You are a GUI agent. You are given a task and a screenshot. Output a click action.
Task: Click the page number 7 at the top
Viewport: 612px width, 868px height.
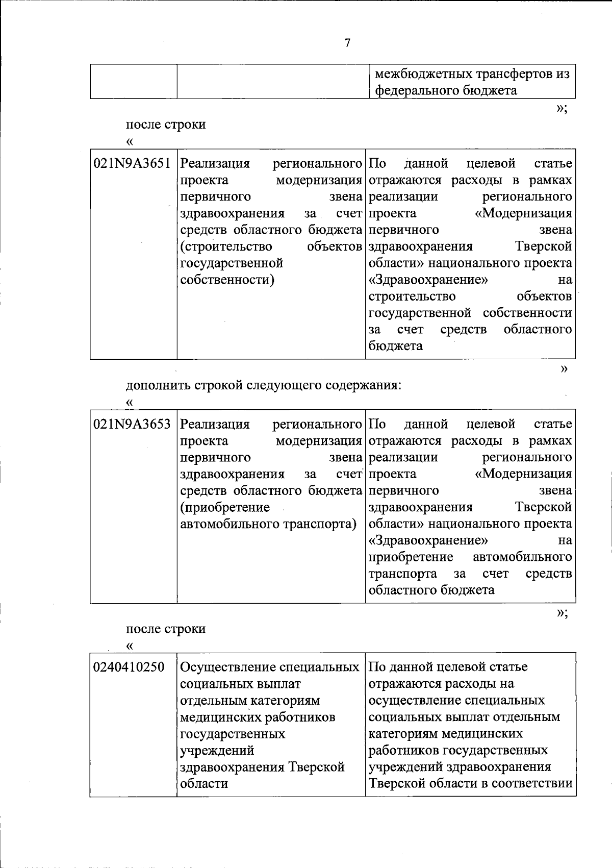click(x=347, y=43)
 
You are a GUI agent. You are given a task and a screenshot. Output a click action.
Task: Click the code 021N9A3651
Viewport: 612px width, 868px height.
click(x=132, y=164)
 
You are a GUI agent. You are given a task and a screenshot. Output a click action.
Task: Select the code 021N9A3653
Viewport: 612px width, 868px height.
click(x=132, y=424)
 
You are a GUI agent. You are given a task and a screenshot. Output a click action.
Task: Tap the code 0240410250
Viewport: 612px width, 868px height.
click(x=129, y=667)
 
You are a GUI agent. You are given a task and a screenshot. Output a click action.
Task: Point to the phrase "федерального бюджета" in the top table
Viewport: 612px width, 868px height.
click(x=446, y=91)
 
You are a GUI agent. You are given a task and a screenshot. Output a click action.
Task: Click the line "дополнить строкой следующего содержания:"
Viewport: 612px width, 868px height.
click(x=264, y=385)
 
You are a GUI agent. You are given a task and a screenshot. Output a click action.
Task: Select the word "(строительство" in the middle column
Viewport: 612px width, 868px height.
click(x=226, y=247)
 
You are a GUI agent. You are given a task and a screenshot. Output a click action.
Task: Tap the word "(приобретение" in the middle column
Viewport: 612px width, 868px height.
click(x=225, y=507)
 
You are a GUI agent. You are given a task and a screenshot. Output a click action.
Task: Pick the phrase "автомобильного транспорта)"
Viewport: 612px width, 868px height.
click(x=268, y=524)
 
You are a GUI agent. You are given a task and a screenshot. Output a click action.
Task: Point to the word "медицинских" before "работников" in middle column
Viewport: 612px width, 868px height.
click(x=220, y=717)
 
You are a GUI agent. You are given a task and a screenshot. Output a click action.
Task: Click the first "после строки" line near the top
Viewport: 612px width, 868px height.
click(x=166, y=125)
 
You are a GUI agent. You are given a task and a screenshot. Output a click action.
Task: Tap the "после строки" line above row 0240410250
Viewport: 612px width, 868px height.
click(x=166, y=629)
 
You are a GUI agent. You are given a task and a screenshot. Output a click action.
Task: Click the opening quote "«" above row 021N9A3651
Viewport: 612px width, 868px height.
click(x=130, y=141)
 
